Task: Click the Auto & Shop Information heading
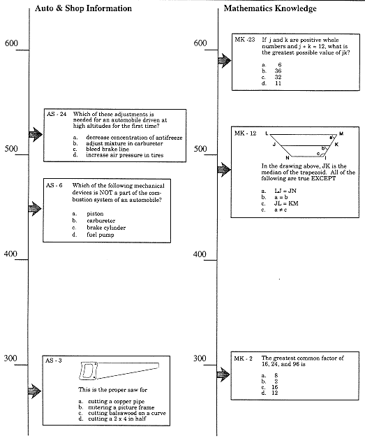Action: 83,8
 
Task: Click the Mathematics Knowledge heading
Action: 269,8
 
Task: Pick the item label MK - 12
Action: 246,133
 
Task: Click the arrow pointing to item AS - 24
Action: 35,133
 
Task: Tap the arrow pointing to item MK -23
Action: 223,62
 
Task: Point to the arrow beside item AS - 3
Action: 35,390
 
